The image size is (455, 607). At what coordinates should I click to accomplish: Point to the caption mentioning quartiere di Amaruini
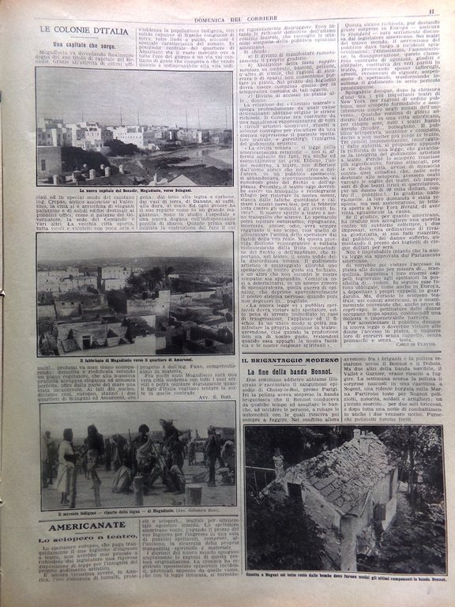pyautogui.click(x=136, y=360)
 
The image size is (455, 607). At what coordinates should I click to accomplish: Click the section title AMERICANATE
pyautogui.click(x=86, y=526)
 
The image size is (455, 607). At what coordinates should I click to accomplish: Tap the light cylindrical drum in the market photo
pyautogui.click(x=194, y=493)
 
